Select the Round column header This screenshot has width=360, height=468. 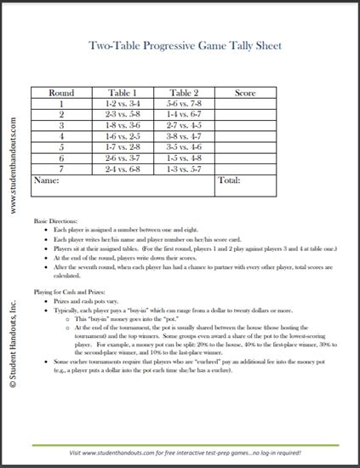(x=62, y=92)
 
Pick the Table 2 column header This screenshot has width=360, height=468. (x=185, y=92)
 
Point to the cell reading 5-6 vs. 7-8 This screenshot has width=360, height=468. (x=185, y=102)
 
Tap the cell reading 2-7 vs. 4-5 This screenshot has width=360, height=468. (x=185, y=124)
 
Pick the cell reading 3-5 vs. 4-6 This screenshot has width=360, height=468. (x=185, y=146)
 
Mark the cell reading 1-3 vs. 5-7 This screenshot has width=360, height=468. (x=185, y=168)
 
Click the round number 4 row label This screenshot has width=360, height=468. (x=62, y=135)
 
